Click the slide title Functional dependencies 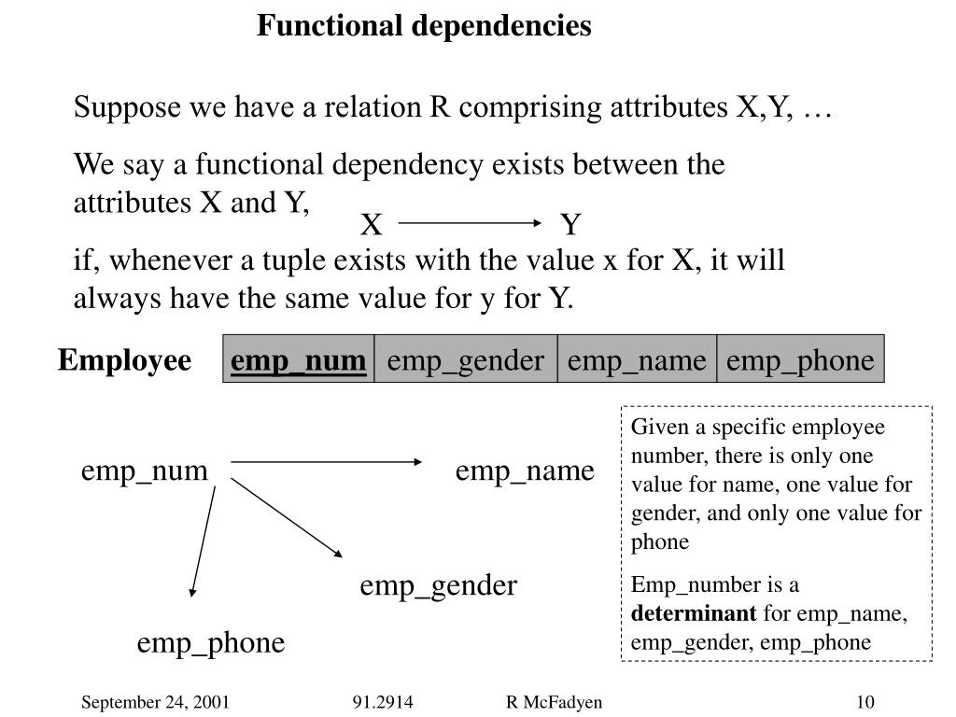424,26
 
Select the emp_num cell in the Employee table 299,360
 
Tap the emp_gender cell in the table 466,360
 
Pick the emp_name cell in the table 637,360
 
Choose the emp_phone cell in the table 800,360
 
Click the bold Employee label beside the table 124,360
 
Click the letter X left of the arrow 372,225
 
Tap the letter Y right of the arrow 570,225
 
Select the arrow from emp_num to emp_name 327,462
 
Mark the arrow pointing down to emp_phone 204,540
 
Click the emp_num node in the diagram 144,471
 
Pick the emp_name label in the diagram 525,471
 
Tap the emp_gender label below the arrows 438,585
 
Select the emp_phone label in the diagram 211,642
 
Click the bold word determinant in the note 694,613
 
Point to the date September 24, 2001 155,702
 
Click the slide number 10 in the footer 864,702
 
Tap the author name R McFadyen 554,702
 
